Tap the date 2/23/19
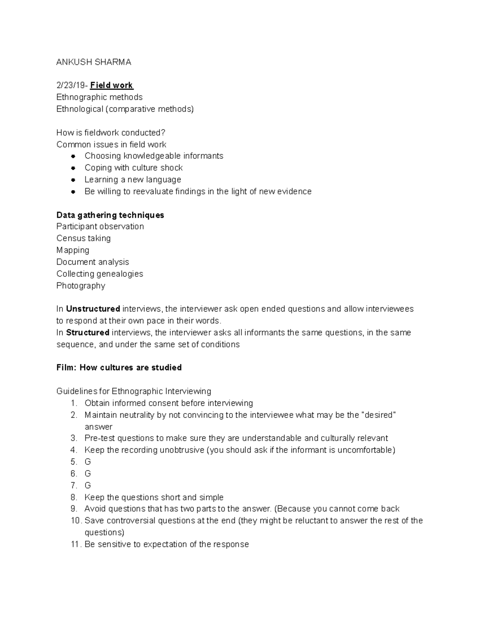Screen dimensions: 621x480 coord(71,85)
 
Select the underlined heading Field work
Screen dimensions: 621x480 coord(112,85)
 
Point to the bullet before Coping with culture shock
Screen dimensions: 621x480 coord(73,168)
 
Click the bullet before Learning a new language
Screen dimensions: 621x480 coord(73,180)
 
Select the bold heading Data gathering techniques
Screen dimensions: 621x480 coord(110,215)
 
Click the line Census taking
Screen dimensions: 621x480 coord(84,238)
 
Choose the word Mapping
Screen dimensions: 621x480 coord(73,250)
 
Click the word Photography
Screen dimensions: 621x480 coord(81,286)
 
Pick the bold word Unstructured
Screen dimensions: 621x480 coord(93,309)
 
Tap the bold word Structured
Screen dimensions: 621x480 coord(88,333)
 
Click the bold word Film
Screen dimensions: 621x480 coord(66,368)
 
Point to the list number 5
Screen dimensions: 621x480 coord(74,462)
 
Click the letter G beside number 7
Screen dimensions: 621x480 coord(88,485)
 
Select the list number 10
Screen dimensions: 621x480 coord(76,521)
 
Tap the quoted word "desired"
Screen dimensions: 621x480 coord(378,415)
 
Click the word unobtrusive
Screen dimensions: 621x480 coord(182,450)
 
